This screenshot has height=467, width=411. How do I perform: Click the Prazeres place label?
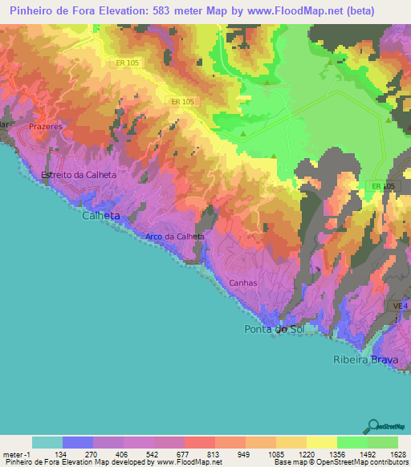click(45, 127)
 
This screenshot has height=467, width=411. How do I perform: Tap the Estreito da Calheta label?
click(79, 175)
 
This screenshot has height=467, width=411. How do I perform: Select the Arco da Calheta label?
click(175, 237)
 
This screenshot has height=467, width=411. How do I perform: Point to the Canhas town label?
click(243, 282)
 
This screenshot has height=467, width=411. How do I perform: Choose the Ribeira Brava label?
click(365, 359)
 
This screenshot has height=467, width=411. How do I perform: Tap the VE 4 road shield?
click(401, 307)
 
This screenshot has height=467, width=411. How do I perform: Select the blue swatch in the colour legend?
click(78, 442)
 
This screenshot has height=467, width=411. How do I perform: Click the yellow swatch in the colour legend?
click(322, 442)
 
